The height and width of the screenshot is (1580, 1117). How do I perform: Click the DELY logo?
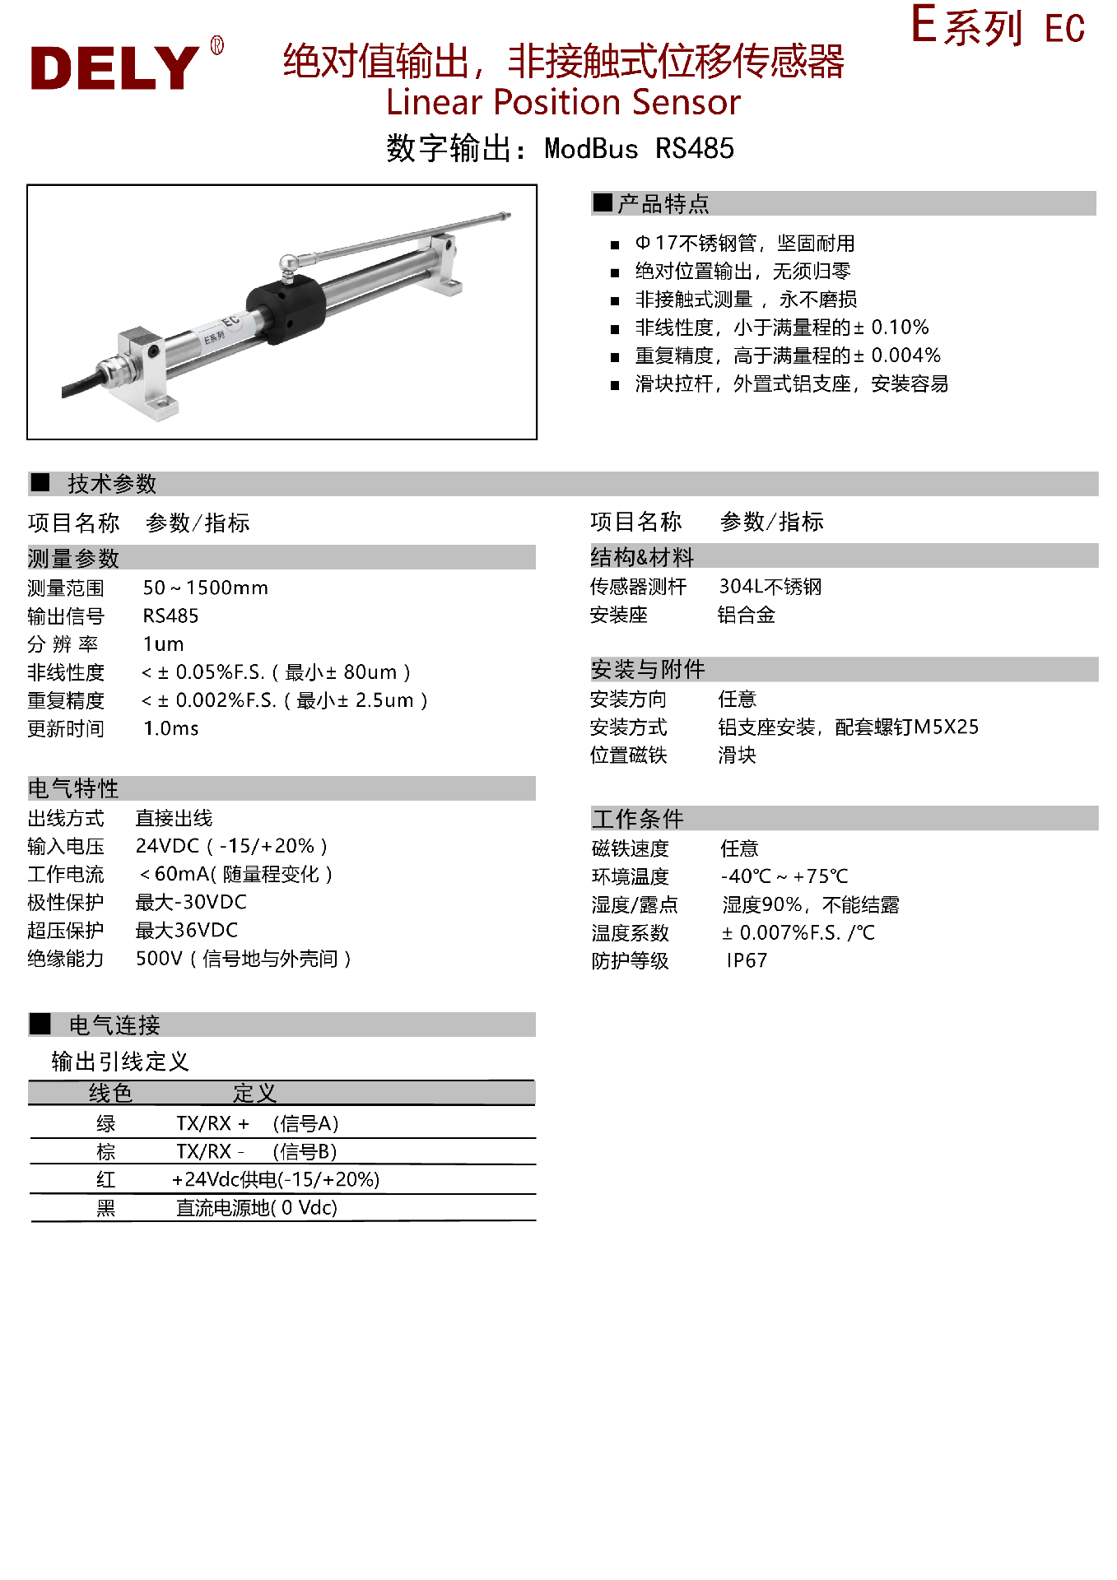115,67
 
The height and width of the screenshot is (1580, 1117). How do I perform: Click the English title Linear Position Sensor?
563,103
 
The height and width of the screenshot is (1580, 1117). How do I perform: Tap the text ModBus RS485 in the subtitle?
639,149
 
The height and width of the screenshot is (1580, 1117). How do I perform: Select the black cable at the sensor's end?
82,384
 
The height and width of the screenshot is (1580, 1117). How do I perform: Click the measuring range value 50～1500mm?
205,588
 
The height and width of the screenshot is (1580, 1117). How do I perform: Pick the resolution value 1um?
163,644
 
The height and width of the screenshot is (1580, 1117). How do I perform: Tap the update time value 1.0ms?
170,729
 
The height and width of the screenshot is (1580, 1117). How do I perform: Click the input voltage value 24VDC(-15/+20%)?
231,847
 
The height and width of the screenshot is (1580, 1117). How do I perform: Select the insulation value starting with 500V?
243,960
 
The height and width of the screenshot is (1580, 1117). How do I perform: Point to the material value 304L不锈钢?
770,587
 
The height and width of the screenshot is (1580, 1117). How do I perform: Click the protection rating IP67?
747,961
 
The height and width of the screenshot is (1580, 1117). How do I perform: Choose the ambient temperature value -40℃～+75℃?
784,877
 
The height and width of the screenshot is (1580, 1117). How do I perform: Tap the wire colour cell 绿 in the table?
106,1124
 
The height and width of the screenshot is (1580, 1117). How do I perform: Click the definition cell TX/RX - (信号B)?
256,1152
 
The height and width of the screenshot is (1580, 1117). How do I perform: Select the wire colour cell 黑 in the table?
106,1208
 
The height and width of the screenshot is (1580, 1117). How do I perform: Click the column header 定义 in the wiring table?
254,1094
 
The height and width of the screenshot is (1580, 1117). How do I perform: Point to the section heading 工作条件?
638,819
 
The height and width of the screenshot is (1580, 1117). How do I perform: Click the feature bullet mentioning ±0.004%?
787,355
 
